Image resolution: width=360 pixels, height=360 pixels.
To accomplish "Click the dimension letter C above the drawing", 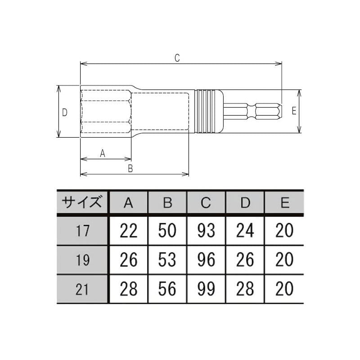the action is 177,58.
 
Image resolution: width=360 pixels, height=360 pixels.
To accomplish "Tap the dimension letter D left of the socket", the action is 65,112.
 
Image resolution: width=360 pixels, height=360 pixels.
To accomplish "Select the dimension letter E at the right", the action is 294,111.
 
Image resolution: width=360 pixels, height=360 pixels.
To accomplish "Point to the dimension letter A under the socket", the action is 103,153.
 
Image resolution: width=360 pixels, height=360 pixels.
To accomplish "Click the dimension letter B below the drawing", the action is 130,168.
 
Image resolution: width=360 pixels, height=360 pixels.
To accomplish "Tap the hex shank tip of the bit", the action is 269,111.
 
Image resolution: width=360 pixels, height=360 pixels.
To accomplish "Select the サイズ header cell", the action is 82,202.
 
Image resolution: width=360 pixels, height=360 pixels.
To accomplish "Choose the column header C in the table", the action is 206,203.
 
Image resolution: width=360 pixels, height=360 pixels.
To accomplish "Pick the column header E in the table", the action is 285,203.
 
